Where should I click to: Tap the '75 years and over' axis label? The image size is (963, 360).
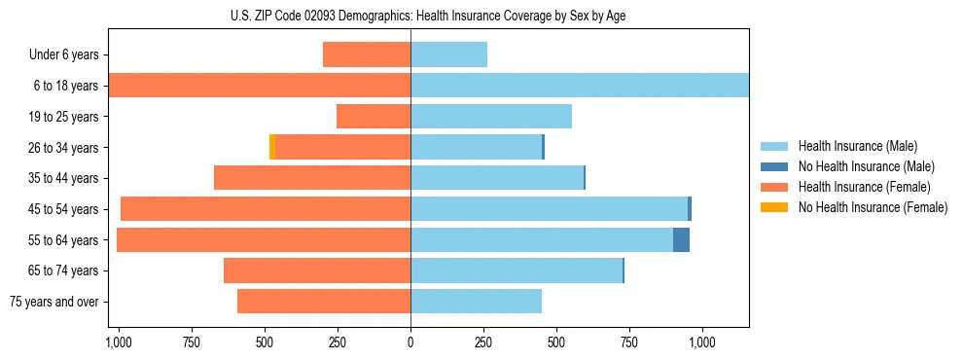click(54, 302)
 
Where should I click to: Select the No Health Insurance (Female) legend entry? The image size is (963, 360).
click(873, 207)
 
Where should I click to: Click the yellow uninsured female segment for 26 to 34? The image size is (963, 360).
click(272, 147)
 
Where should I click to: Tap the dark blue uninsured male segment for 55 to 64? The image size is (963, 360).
click(681, 239)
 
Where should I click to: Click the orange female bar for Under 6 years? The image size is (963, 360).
click(367, 55)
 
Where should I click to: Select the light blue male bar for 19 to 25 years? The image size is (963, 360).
click(491, 117)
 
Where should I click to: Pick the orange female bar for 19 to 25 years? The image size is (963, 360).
click(374, 117)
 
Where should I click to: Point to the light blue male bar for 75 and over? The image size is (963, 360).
click(476, 302)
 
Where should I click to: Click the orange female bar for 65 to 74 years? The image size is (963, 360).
click(317, 270)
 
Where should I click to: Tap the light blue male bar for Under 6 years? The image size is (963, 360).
click(448, 55)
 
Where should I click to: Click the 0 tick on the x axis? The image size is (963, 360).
click(410, 342)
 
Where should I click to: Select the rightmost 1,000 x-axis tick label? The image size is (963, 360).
click(702, 342)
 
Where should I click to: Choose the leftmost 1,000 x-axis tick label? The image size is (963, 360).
click(119, 342)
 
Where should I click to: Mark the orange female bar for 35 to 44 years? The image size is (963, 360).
click(312, 178)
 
